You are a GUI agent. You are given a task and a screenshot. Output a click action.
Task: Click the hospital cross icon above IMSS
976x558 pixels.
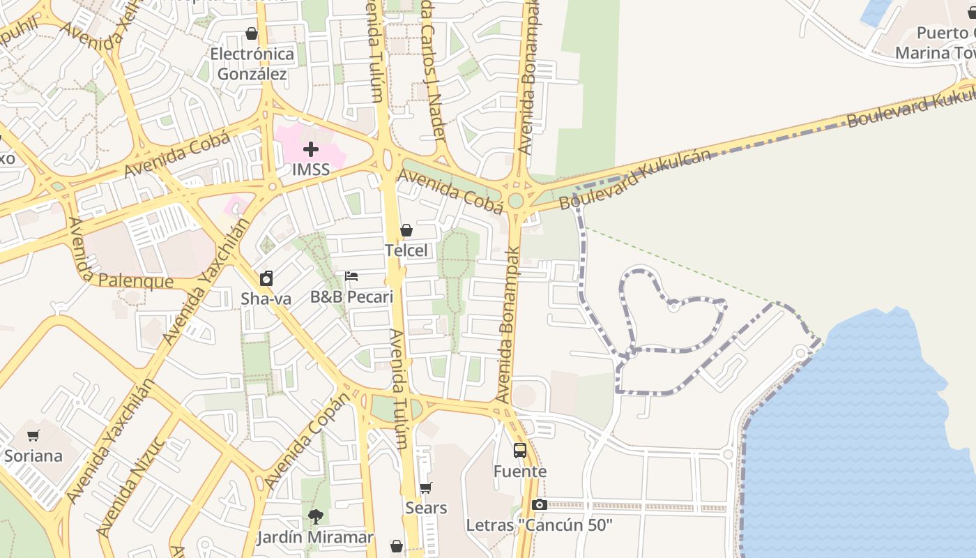pos(311,149)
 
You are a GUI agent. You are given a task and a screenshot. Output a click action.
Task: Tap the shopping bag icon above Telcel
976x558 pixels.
pos(406,230)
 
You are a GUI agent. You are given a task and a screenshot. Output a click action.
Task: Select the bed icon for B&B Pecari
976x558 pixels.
pos(351,276)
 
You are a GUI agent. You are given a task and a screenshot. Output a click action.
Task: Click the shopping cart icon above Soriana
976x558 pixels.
pos(33,436)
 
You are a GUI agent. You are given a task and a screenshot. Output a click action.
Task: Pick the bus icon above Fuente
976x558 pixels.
pos(520,451)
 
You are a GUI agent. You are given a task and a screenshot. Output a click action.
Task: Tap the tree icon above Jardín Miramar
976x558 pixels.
pos(315,517)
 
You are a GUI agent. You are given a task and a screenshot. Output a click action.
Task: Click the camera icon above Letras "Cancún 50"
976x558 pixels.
pos(539,504)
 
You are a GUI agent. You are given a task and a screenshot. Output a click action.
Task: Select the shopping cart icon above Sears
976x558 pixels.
pos(426,488)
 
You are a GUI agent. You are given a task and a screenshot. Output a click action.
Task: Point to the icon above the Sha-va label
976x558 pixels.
pos(266,278)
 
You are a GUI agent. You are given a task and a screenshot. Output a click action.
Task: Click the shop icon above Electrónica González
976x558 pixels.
pos(252,33)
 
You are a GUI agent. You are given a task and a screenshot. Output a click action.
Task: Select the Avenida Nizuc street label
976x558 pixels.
pos(130,486)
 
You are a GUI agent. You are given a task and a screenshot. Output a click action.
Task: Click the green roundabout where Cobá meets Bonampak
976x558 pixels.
pos(516,201)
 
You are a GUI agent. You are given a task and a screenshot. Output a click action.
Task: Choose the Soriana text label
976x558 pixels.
pos(33,456)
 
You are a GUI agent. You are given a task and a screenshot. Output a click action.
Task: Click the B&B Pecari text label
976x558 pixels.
pos(351,297)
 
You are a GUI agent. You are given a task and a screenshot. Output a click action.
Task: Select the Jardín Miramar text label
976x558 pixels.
pos(315,538)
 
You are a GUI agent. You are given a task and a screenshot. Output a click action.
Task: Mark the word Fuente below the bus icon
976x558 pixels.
pos(520,472)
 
